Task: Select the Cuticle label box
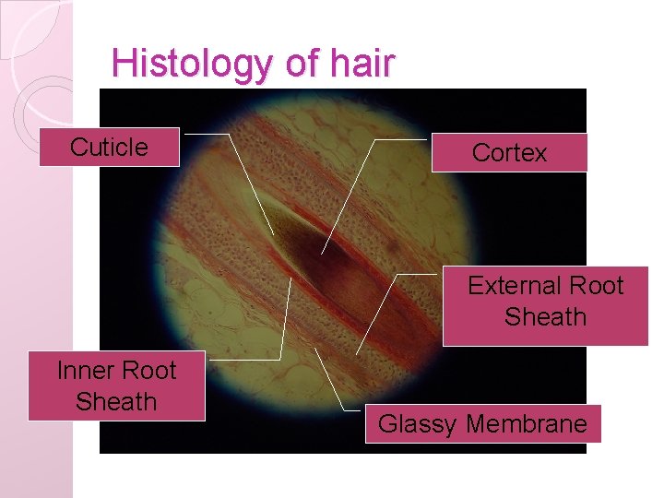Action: point(109,148)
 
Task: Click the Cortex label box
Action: point(509,153)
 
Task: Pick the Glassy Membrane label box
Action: point(482,424)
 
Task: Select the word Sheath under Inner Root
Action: point(116,402)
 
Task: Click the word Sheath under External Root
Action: point(545,317)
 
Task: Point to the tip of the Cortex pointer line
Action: point(322,253)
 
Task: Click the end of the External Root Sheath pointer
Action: point(357,354)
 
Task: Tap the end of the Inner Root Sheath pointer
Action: point(290,279)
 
